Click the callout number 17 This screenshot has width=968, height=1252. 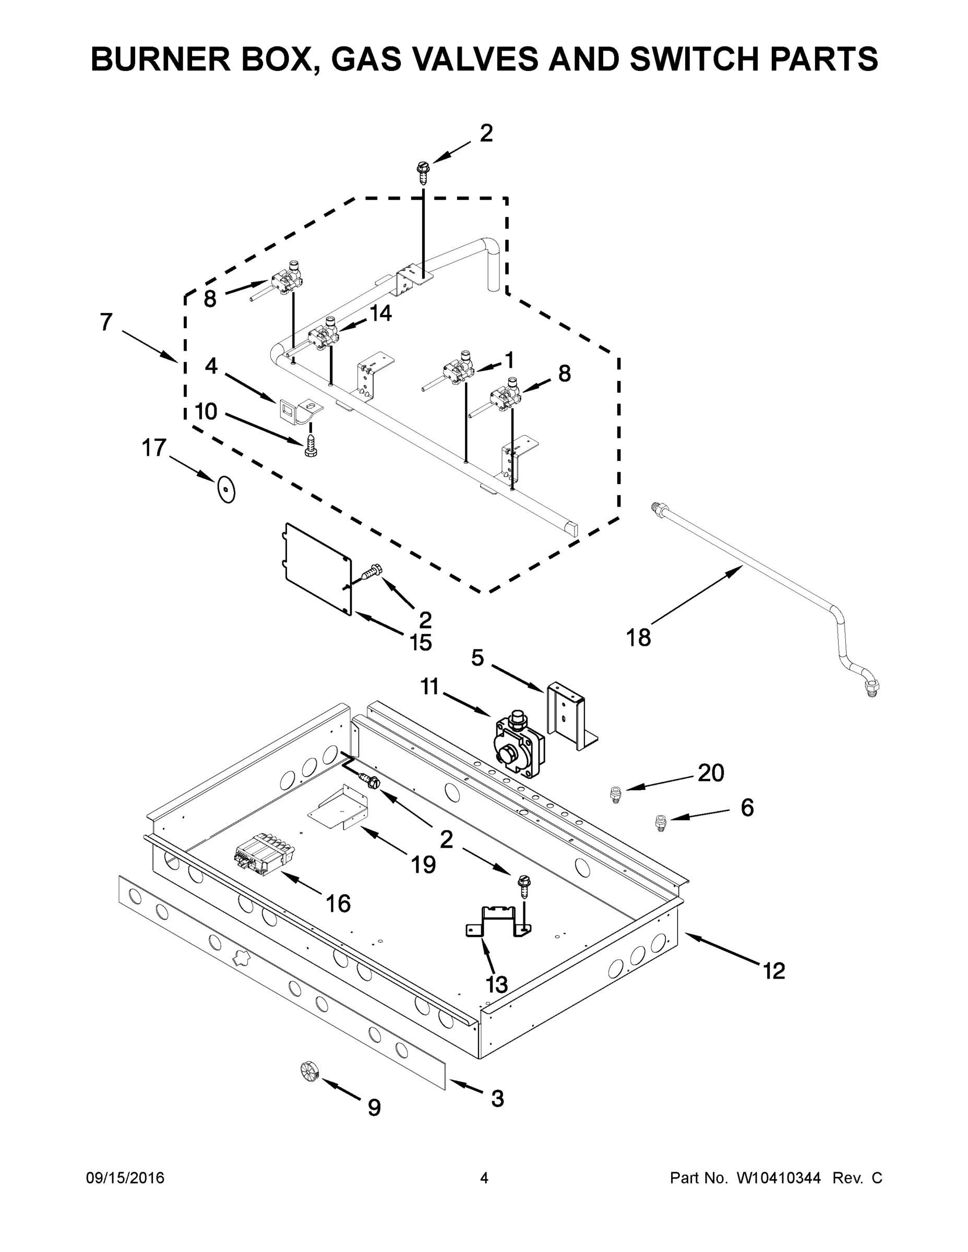(154, 448)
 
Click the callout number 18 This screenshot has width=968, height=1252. (638, 637)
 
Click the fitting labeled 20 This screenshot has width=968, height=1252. (615, 794)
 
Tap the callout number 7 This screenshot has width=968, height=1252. (106, 322)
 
